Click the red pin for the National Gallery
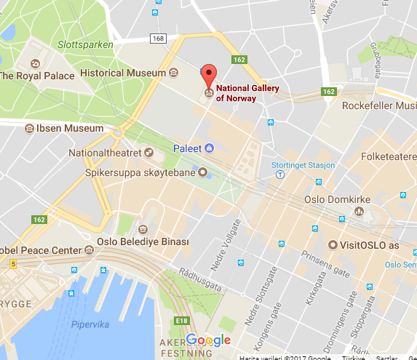click(x=209, y=74)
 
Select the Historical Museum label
click(x=122, y=73)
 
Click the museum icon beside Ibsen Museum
click(x=30, y=129)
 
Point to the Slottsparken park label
click(x=86, y=45)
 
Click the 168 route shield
click(x=159, y=38)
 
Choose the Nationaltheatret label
click(x=106, y=153)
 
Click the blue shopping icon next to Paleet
click(x=209, y=148)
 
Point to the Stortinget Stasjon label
click(x=303, y=165)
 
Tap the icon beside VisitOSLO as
click(x=334, y=245)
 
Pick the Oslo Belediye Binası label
click(x=143, y=241)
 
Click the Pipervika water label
click(x=90, y=325)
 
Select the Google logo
click(x=208, y=340)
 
